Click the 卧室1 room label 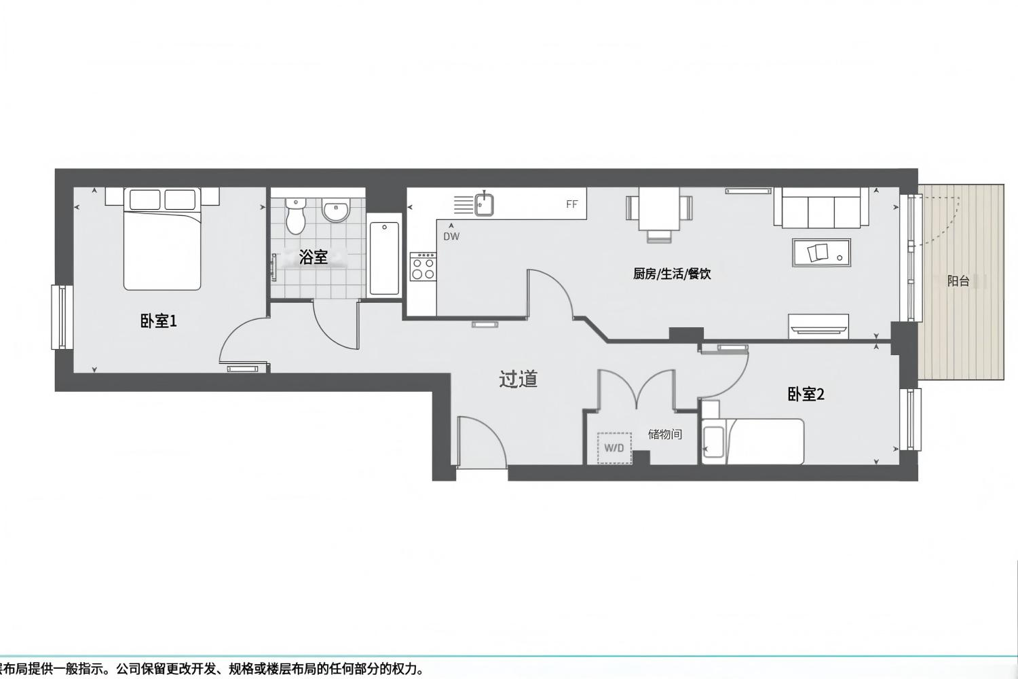(x=158, y=322)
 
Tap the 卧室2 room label (x=806, y=394)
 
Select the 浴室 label (x=313, y=257)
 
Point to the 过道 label (x=518, y=379)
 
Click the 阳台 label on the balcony (x=958, y=281)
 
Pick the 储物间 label (x=665, y=435)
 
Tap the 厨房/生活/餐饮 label (x=672, y=274)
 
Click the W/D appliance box (x=614, y=448)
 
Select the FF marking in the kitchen (x=571, y=204)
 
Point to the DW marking (x=451, y=236)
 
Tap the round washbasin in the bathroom (x=337, y=210)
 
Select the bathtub (x=384, y=258)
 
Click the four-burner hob (x=423, y=266)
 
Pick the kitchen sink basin (x=485, y=204)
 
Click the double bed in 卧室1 (x=162, y=239)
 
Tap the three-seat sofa (x=821, y=207)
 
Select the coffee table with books (x=821, y=253)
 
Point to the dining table (x=660, y=209)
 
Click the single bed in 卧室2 (x=753, y=441)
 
